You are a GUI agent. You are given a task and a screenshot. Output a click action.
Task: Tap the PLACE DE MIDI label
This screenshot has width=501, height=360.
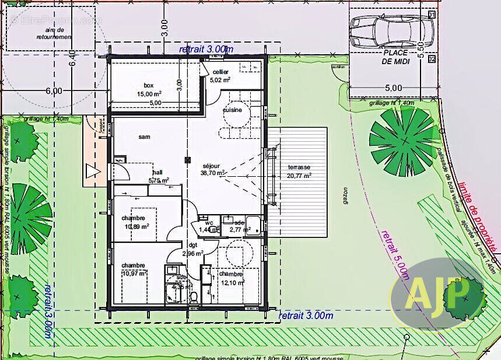(395, 57)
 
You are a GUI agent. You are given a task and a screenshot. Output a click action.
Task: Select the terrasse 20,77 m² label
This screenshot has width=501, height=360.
(298, 170)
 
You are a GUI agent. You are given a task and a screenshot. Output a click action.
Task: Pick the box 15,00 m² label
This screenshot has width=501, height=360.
(149, 89)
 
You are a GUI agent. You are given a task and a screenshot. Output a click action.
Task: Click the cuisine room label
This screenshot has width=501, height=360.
(232, 110)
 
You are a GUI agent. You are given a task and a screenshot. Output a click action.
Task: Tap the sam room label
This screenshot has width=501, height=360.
(144, 137)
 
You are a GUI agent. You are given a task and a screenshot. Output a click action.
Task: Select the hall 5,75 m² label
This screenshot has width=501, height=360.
(157, 177)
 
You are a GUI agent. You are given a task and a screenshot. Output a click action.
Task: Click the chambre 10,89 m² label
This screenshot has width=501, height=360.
(135, 222)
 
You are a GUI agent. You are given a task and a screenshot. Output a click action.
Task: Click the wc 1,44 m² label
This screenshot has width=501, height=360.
(207, 226)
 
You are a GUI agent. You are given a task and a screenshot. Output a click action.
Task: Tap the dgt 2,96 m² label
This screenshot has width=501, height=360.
(192, 250)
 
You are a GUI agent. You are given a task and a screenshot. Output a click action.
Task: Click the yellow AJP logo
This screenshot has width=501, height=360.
(431, 292)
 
